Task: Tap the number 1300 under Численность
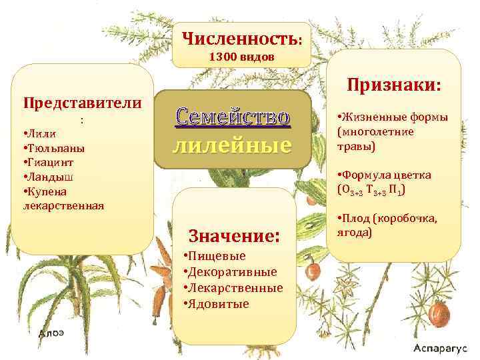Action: [x=222, y=57]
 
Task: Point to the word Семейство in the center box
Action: [x=233, y=117]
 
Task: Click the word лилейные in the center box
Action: [x=233, y=145]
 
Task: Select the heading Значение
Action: [x=233, y=235]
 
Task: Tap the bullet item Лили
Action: [x=42, y=134]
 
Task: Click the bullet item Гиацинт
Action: [x=50, y=163]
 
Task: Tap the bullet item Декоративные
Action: [x=232, y=272]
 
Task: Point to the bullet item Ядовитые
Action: [x=218, y=304]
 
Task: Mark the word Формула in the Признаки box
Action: [x=369, y=175]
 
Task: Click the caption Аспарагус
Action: [x=441, y=349]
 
